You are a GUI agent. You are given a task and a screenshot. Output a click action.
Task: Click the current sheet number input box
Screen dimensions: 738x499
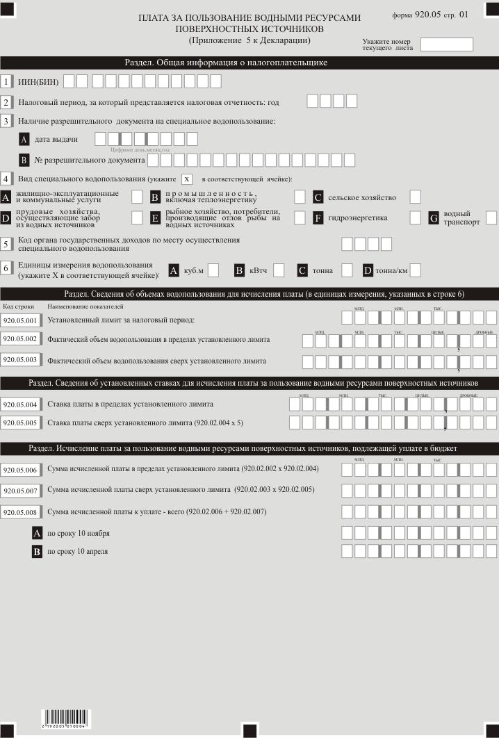click(x=446, y=44)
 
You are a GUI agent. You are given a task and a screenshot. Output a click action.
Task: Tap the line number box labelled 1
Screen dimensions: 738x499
click(x=6, y=81)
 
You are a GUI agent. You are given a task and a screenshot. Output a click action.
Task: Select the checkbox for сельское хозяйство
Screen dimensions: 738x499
click(x=415, y=197)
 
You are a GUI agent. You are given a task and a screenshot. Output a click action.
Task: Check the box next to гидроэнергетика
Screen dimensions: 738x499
click(x=415, y=218)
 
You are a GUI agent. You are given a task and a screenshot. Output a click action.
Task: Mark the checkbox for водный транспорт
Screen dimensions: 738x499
click(x=491, y=218)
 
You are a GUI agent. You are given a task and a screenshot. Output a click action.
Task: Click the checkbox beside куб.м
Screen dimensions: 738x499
click(x=213, y=270)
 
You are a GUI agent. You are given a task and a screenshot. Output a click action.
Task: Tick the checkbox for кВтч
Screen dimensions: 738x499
click(x=279, y=270)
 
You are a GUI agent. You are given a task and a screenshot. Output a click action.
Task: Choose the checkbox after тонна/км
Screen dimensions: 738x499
click(x=415, y=270)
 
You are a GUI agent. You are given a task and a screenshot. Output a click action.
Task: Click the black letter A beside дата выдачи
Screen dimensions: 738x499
click(x=25, y=138)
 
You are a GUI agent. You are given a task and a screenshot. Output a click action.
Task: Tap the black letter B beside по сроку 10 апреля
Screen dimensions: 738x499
click(x=38, y=552)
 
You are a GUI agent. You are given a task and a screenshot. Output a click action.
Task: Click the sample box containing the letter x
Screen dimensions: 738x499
click(x=186, y=179)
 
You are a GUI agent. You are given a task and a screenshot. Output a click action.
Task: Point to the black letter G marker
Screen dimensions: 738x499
click(x=434, y=218)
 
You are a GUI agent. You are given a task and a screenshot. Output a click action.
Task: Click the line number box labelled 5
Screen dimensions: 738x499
click(x=6, y=244)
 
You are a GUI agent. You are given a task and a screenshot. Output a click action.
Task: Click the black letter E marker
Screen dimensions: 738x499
click(x=156, y=218)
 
